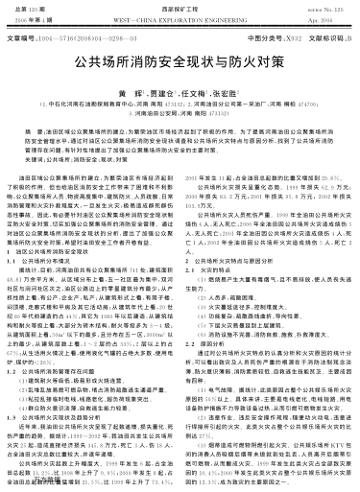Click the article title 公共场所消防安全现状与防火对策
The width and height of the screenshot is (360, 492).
[180, 72]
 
